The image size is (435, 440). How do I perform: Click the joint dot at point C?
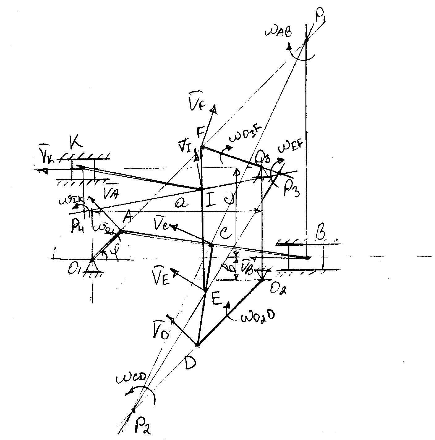(x=211, y=245)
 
